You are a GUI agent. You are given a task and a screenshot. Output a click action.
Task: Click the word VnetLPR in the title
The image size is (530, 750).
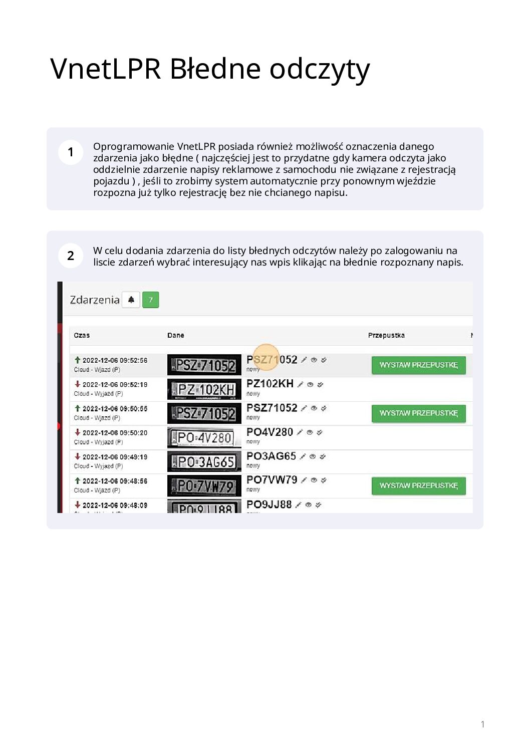point(105,69)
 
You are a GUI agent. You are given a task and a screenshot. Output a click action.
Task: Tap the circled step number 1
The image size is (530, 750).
point(71,152)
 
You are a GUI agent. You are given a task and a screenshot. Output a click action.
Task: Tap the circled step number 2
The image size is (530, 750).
point(71,256)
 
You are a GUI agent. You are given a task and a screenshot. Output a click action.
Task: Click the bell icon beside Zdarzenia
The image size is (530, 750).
point(131,300)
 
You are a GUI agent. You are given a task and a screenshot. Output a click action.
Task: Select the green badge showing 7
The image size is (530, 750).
point(150,300)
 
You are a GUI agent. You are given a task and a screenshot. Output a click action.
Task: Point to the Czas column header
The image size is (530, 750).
point(82,335)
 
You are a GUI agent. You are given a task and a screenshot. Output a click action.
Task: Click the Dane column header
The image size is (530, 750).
point(175,335)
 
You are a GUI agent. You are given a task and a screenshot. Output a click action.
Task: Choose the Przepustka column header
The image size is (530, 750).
point(386,335)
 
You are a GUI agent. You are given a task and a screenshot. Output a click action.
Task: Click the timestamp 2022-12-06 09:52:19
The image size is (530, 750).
point(115,385)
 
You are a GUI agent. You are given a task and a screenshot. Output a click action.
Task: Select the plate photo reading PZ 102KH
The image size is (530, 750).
point(204,390)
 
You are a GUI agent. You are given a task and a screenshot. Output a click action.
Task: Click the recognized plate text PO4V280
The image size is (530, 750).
point(270,432)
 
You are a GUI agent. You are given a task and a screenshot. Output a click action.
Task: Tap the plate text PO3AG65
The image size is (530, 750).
point(271,456)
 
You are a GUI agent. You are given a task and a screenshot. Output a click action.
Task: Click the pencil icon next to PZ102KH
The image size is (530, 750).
point(301,384)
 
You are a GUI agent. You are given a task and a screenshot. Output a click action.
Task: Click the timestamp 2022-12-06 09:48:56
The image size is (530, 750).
point(115,481)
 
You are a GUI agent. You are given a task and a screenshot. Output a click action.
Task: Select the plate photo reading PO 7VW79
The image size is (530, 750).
point(204,486)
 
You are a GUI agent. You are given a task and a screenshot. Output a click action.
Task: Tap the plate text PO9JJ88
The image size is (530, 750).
point(269,505)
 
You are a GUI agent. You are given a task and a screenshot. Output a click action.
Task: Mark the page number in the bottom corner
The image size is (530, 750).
point(482,724)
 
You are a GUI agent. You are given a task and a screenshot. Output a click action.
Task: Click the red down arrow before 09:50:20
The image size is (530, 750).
point(78,432)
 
